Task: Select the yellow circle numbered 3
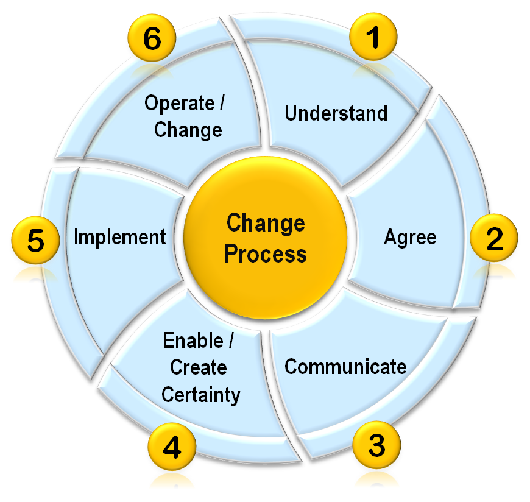click(376, 445)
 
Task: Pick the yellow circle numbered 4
click(172, 448)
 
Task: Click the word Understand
click(336, 113)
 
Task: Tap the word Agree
click(410, 237)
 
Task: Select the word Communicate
click(345, 367)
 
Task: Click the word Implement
click(119, 237)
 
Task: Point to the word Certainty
click(200, 394)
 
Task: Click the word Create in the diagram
click(199, 367)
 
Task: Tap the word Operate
click(178, 103)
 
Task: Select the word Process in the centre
click(265, 253)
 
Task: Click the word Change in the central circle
click(265, 224)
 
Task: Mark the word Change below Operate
click(188, 130)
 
